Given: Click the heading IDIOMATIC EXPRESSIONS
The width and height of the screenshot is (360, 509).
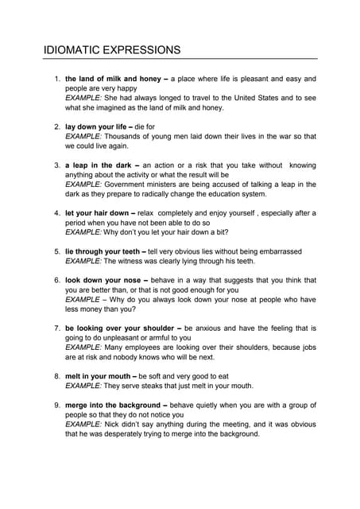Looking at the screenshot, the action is tap(112, 51).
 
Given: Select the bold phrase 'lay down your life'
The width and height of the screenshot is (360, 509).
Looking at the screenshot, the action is tap(98, 126).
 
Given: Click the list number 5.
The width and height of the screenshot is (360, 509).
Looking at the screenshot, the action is tap(56, 251).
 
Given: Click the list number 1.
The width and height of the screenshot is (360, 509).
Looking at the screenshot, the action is tap(56, 80).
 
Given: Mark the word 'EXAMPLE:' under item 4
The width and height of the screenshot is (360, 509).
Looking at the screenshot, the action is tap(83, 232).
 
